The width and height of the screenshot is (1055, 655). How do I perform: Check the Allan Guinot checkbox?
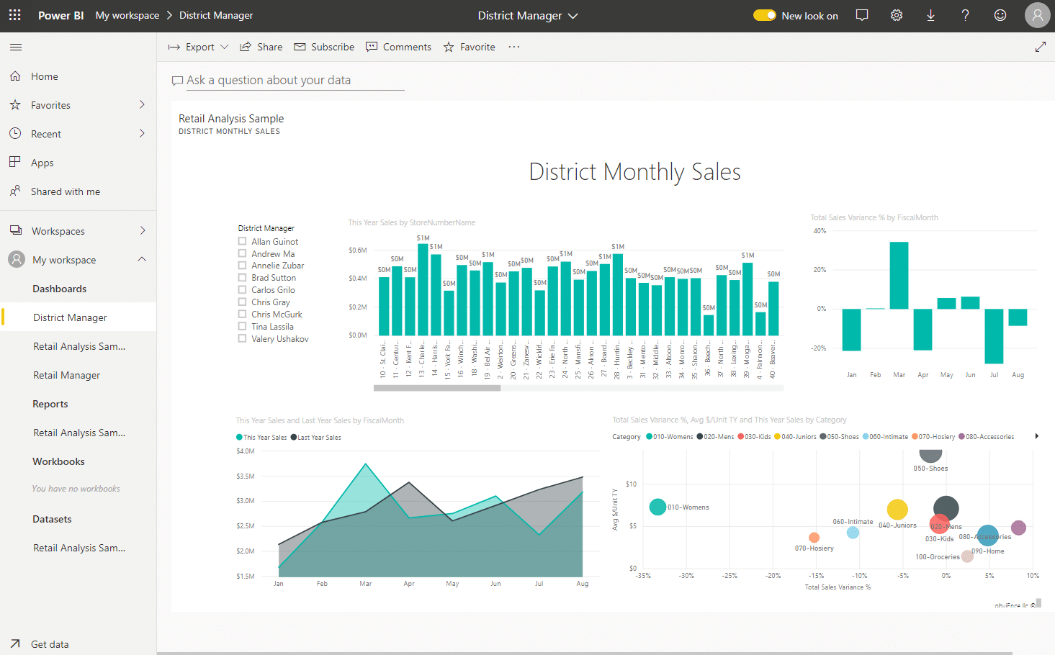(243, 242)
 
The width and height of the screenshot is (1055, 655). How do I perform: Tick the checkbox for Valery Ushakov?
(243, 338)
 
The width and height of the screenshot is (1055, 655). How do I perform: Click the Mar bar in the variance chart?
(899, 275)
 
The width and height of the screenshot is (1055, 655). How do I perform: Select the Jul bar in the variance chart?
(994, 335)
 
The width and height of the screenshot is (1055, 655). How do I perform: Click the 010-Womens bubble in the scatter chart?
(657, 507)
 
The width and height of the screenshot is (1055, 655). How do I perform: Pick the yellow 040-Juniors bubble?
(897, 509)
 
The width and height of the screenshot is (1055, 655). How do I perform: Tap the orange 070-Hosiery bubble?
(814, 538)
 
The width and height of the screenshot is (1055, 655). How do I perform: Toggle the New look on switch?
(764, 15)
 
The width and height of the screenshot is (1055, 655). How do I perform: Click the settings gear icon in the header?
(897, 15)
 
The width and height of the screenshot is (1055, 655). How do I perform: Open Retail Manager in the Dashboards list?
(66, 375)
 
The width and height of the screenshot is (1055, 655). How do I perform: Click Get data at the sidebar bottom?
(50, 644)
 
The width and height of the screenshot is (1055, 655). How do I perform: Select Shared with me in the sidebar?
(65, 191)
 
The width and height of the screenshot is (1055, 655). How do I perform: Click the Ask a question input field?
(288, 81)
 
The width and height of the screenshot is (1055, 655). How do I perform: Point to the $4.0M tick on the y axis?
(246, 451)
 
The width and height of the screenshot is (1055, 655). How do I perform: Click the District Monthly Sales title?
(634, 172)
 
